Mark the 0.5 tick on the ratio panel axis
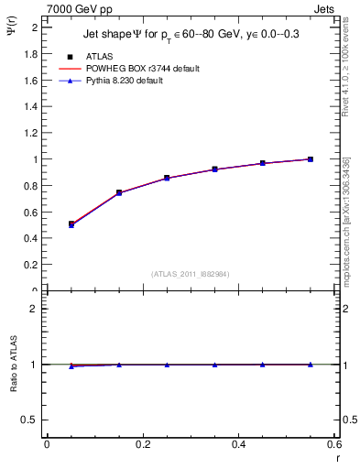(34, 420)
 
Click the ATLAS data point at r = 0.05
(71, 224)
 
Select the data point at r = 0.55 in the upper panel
(311, 159)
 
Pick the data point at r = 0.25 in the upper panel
(167, 178)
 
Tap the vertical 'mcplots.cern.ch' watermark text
(346, 220)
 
